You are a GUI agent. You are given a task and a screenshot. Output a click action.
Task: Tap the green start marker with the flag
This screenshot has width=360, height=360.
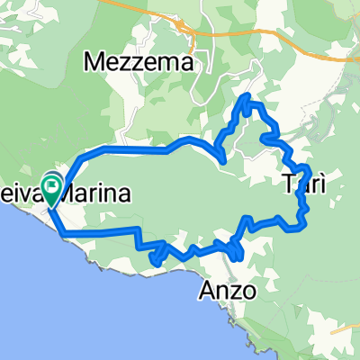(52, 190)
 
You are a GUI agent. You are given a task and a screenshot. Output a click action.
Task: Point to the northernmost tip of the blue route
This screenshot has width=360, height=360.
(246, 94)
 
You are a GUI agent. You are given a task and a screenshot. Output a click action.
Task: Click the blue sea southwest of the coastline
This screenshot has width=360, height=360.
(54, 297)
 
